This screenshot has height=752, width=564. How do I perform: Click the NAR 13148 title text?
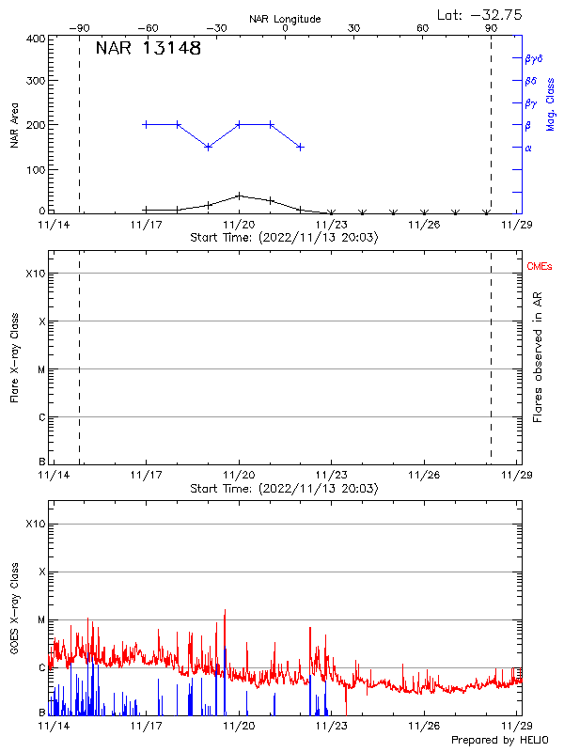149,49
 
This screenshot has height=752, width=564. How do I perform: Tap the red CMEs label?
540,267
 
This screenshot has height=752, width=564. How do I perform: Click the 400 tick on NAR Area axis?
36,39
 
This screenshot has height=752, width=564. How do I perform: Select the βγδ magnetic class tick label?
533,58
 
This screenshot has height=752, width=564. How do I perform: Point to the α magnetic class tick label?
527,148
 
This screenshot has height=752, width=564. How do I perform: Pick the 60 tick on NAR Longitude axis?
423,28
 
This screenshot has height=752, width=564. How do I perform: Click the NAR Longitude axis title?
285,18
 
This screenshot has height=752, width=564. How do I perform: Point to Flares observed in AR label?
540,356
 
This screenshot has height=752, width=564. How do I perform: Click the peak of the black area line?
240,196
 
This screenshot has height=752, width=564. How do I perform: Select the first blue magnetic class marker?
146,124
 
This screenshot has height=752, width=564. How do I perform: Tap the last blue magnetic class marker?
300,147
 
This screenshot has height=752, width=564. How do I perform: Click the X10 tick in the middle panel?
34,274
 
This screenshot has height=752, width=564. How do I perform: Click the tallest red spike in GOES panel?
225,610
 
